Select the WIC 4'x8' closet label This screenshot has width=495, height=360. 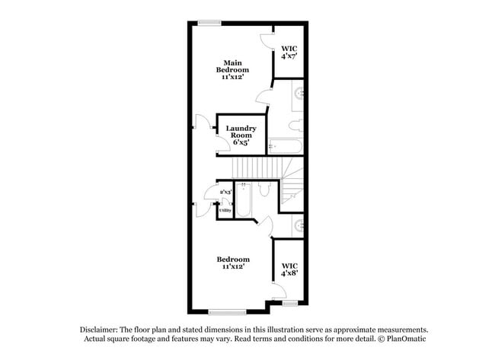(288, 269)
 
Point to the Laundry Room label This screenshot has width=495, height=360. (241, 135)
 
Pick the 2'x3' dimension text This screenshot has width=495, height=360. (225, 193)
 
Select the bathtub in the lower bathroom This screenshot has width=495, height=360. (243, 202)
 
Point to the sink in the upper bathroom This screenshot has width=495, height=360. (298, 96)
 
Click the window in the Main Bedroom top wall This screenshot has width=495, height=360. (209, 22)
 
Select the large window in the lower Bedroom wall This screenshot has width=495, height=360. (227, 311)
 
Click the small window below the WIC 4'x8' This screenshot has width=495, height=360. (289, 304)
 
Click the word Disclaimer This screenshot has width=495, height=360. (100, 330)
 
